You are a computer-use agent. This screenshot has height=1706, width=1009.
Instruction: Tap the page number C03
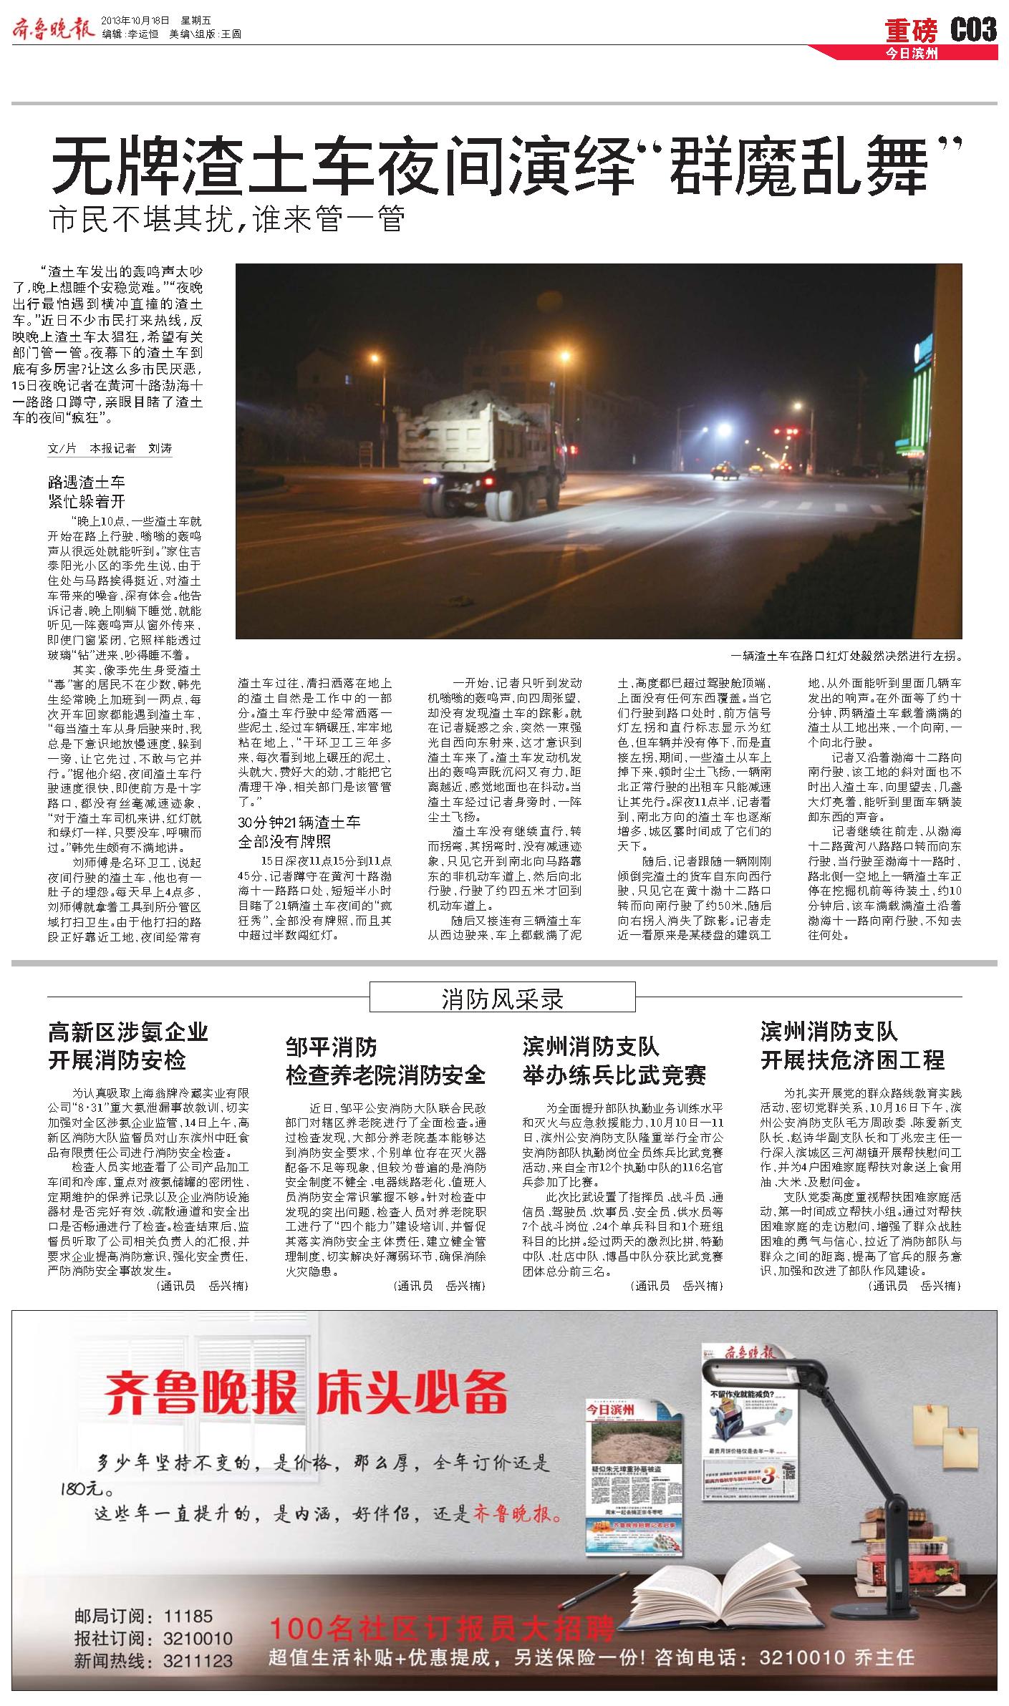pyautogui.click(x=972, y=30)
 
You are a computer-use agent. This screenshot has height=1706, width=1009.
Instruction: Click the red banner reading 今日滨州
pyautogui.click(x=911, y=54)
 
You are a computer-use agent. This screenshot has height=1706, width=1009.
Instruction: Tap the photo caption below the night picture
pyautogui.click(x=846, y=655)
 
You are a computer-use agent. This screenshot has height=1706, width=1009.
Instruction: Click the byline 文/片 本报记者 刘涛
pyautogui.click(x=110, y=448)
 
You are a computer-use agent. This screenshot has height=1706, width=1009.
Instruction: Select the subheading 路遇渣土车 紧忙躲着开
pyautogui.click(x=86, y=491)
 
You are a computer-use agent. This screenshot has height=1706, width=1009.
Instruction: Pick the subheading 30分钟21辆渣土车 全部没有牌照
pyautogui.click(x=299, y=832)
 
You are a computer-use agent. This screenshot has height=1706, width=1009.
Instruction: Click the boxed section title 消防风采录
pyautogui.click(x=502, y=999)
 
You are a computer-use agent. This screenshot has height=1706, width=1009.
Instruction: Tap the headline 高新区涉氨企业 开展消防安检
pyautogui.click(x=127, y=1046)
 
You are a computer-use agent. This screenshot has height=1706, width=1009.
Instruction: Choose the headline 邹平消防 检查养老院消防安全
pyautogui.click(x=385, y=1061)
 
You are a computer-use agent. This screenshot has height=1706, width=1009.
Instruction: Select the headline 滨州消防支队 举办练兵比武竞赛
pyautogui.click(x=614, y=1061)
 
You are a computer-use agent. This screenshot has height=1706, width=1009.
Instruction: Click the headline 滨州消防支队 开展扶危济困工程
pyautogui.click(x=852, y=1046)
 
